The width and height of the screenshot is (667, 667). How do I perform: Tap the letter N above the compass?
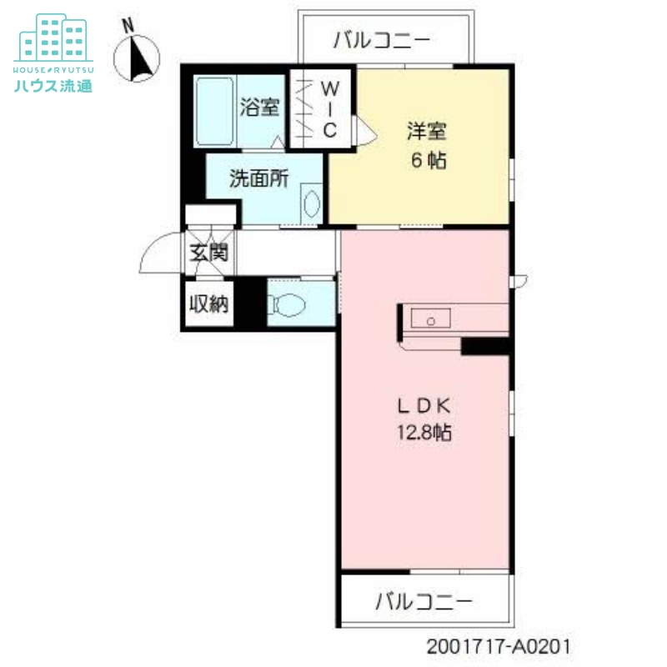click(128, 25)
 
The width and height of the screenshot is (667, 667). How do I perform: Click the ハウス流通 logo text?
click(53, 84)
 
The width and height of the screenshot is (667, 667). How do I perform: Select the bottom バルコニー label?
click(424, 600)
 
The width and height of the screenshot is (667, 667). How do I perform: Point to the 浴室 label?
click(259, 108)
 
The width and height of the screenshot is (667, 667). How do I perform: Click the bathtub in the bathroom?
click(216, 111)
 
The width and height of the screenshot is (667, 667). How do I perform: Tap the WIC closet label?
click(329, 108)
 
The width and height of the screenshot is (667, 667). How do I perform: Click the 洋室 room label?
click(428, 132)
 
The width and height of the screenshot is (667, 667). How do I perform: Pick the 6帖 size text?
click(428, 161)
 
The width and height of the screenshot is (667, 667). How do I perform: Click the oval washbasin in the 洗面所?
click(310, 203)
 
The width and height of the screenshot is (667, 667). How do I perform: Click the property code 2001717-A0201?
click(498, 646)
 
